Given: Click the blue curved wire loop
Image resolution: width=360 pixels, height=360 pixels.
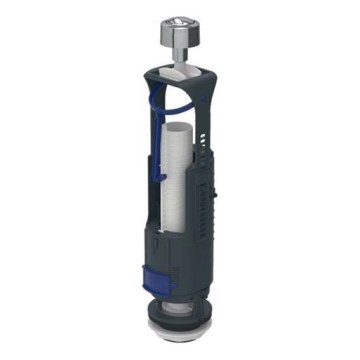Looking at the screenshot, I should (x=175, y=99).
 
